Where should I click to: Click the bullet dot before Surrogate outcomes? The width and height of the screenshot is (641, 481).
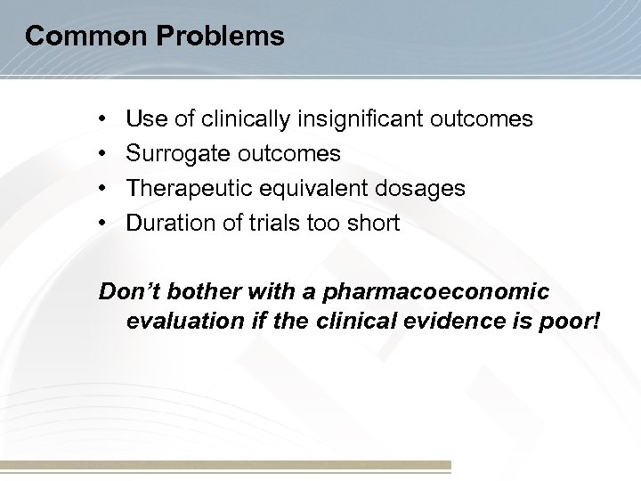104,153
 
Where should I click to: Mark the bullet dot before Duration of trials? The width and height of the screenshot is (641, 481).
104,224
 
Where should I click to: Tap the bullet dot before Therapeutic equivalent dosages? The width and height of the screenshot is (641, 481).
104,188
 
